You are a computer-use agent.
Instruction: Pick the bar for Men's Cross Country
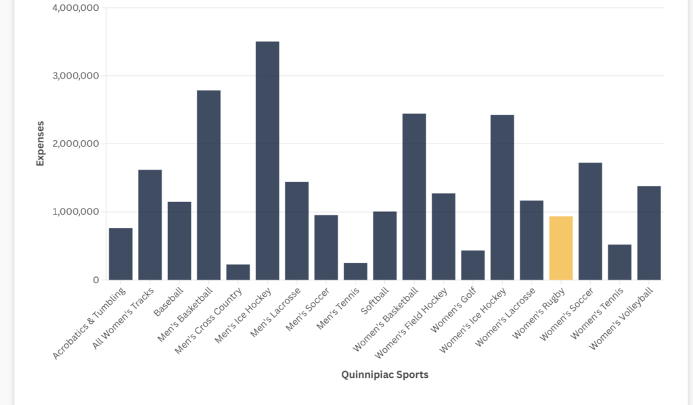click(x=238, y=272)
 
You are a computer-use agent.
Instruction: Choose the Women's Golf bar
click(x=473, y=265)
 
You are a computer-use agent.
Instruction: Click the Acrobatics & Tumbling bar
click(x=120, y=254)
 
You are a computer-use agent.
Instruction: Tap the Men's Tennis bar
click(x=355, y=271)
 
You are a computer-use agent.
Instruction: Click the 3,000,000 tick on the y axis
click(x=75, y=76)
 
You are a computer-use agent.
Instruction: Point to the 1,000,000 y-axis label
click(x=75, y=212)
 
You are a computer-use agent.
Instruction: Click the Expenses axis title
click(x=41, y=144)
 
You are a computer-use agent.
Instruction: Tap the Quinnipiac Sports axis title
click(x=385, y=375)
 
